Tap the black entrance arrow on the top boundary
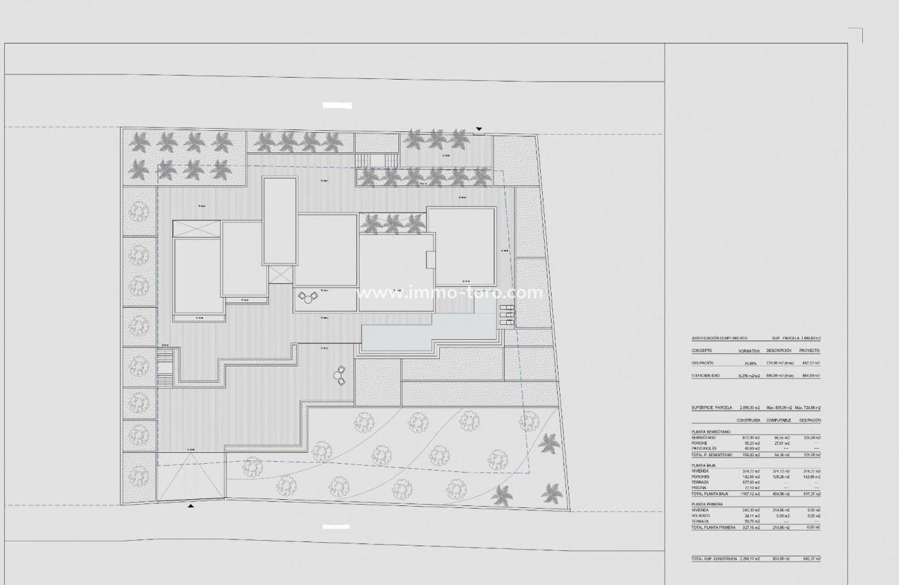[x=479, y=129]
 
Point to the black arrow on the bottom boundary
[x=191, y=506]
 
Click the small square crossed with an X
[x=279, y=274]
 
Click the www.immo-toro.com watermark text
[x=449, y=294]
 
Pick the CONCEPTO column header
[x=701, y=350]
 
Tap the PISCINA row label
[x=699, y=488]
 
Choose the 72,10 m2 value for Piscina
[x=749, y=488]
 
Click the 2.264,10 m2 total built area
[x=748, y=558]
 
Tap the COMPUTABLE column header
[x=778, y=420]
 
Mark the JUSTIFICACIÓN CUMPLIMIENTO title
[x=719, y=338]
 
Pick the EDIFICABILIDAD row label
[x=706, y=375]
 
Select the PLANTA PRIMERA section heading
[x=707, y=504]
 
